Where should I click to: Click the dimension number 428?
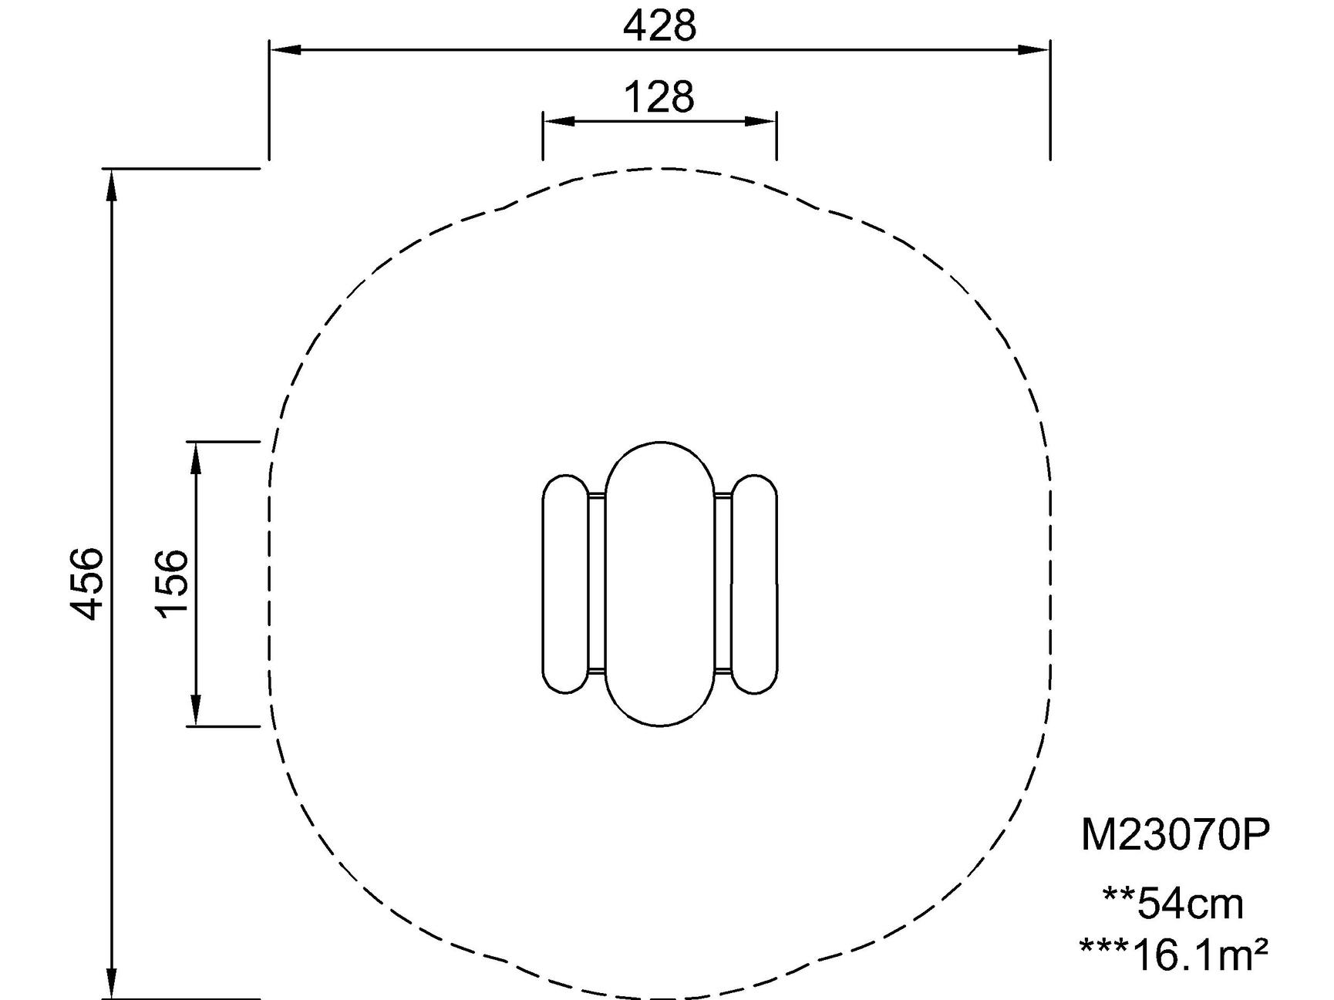pyautogui.click(x=659, y=25)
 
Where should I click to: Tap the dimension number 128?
pyautogui.click(x=659, y=97)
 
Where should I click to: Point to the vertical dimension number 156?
pyautogui.click(x=171, y=584)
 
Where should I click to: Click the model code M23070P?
pyautogui.click(x=1174, y=834)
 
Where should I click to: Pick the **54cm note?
pyautogui.click(x=1173, y=903)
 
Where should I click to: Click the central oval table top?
pyautogui.click(x=659, y=584)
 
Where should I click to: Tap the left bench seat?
pyautogui.click(x=565, y=584)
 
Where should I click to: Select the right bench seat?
pyautogui.click(x=754, y=584)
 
